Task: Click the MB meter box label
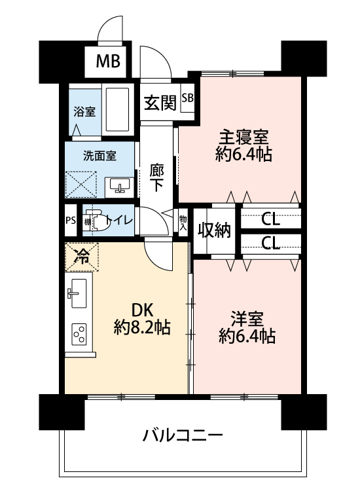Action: tap(108, 61)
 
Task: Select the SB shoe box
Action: tap(188, 98)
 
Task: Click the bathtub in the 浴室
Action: tap(117, 109)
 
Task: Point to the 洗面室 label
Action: tap(99, 156)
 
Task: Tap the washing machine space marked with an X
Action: tap(81, 185)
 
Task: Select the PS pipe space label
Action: tap(71, 221)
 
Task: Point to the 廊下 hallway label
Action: tap(156, 178)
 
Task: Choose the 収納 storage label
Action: tap(215, 230)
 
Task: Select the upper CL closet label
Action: tap(270, 220)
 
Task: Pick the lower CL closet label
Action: tap(270, 244)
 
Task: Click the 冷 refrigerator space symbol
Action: tap(82, 257)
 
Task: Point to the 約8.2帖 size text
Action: tap(142, 327)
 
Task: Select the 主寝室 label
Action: tap(243, 137)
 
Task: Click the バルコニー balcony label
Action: tap(183, 435)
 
